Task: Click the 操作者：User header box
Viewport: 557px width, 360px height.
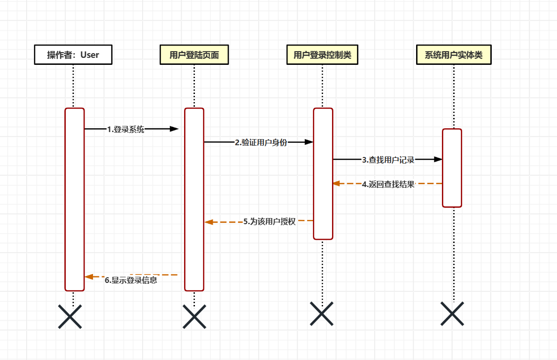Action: (73, 55)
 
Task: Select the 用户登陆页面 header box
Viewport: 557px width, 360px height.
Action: (194, 55)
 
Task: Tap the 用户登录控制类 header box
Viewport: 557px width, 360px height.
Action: (323, 55)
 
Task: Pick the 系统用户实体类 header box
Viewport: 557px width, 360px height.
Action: (454, 55)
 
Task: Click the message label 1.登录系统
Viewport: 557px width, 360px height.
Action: (126, 129)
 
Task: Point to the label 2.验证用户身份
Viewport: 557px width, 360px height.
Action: (261, 142)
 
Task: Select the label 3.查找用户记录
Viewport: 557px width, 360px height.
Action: (388, 160)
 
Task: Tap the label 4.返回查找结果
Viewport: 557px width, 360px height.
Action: (388, 184)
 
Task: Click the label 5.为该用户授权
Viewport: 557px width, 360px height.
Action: (270, 221)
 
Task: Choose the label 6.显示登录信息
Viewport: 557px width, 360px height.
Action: (131, 281)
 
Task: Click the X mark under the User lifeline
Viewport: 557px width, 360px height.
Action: (70, 316)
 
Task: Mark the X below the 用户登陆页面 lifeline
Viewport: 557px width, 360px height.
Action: (194, 316)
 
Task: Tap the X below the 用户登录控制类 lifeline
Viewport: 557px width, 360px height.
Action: (322, 313)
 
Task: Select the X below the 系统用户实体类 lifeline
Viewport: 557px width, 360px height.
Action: (453, 313)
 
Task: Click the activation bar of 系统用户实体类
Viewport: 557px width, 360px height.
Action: (452, 168)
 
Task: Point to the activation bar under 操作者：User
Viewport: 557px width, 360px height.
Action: (74, 199)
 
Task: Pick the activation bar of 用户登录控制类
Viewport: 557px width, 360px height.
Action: (323, 174)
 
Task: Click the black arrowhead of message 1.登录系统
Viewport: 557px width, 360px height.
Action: (174, 129)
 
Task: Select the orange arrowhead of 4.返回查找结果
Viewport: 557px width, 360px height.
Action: (336, 183)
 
